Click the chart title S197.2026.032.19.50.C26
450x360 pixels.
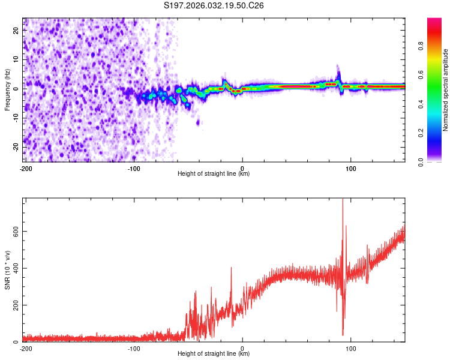point(214,5)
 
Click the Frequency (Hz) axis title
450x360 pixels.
point(7,89)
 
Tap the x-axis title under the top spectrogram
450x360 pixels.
point(214,174)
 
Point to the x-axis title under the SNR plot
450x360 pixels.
point(214,354)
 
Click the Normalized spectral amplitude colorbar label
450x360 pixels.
point(446,90)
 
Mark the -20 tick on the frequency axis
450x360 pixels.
point(16,148)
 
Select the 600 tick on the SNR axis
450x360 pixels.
point(15,231)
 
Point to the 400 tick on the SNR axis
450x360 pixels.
point(15,268)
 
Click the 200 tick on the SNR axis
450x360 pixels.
point(15,305)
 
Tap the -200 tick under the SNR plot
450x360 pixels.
point(26,348)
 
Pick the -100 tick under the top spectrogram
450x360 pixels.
point(134,168)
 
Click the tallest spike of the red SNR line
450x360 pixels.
point(343,200)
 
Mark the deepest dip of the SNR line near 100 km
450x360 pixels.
point(343,335)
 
